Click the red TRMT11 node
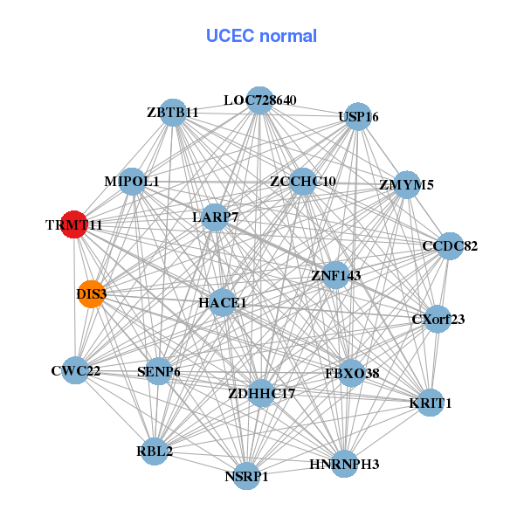(74, 224)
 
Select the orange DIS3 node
(91, 294)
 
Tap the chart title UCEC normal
(261, 36)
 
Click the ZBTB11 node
(173, 113)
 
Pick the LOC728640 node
(259, 100)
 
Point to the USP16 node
(358, 117)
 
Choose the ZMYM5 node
(406, 184)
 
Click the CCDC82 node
(450, 245)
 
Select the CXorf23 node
(438, 319)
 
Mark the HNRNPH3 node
(344, 464)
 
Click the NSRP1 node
(246, 477)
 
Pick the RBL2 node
(155, 452)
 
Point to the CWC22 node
(76, 370)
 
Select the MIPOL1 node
(132, 182)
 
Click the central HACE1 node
(223, 303)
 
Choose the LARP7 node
(215, 216)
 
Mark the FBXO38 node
(352, 373)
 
